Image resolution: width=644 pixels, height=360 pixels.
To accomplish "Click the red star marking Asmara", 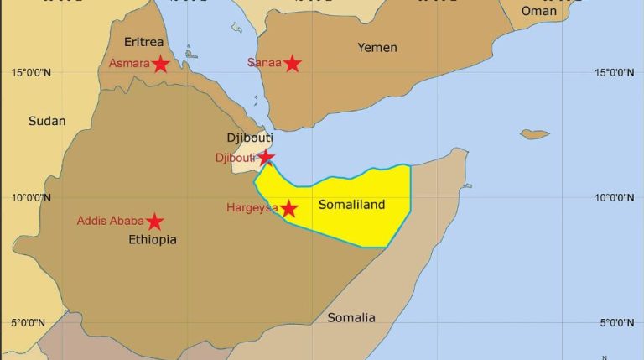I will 160,64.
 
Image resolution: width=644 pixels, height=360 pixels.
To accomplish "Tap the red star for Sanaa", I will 292,63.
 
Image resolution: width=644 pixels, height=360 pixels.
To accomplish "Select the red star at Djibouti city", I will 266,157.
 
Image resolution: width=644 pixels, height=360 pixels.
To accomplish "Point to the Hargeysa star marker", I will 288,208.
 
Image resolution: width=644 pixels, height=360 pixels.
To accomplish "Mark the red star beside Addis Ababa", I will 155,222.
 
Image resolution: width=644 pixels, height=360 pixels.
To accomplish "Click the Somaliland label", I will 352,204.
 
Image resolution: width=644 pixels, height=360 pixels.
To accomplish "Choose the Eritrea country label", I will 143,42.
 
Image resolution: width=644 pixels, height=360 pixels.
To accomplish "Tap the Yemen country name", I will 377,47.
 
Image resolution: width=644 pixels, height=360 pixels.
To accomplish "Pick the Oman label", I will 538,11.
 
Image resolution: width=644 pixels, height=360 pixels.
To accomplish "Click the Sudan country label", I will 47,121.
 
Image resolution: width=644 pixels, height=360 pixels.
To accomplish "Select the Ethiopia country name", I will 152,240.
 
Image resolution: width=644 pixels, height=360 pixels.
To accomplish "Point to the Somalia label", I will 351,317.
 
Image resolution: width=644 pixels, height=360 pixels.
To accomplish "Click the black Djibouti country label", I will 250,138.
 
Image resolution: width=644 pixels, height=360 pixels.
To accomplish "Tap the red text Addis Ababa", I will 110,222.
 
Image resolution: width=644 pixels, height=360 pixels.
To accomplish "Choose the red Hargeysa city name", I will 252,208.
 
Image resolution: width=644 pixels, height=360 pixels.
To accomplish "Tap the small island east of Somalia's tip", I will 534,134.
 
